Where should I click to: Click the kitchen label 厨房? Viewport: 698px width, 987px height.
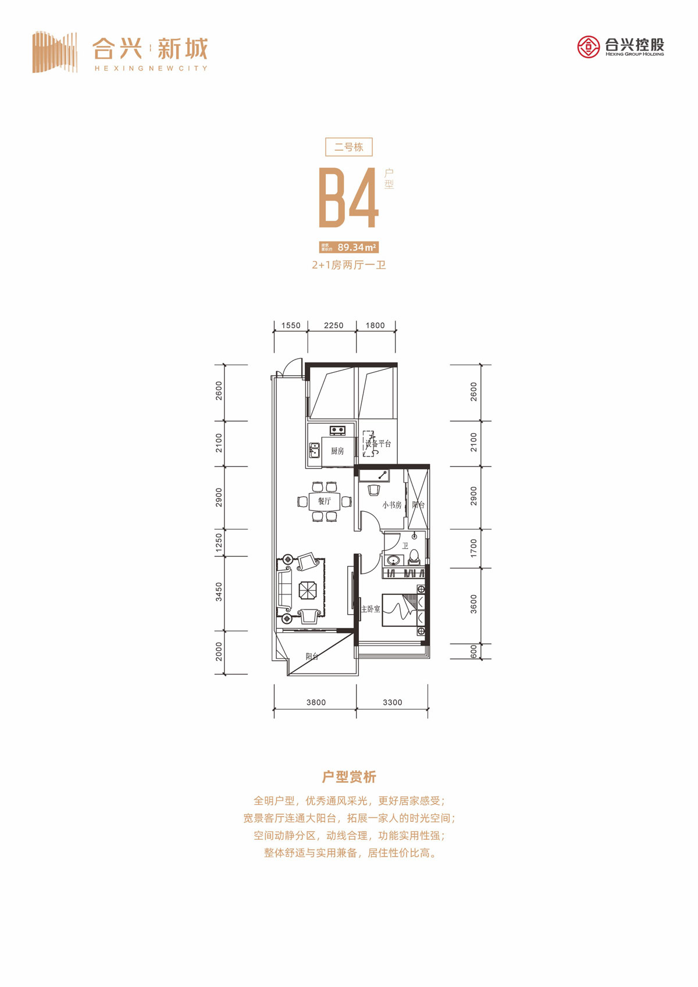[x=337, y=451]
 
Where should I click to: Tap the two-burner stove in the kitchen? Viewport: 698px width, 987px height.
[x=337, y=430]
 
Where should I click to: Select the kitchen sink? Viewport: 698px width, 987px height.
[x=314, y=450]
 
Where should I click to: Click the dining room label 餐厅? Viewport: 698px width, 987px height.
[x=324, y=501]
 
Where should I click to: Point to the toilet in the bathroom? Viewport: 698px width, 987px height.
[x=414, y=558]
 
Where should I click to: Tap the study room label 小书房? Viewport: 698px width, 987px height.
[x=391, y=505]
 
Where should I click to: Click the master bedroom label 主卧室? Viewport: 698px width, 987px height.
[x=370, y=609]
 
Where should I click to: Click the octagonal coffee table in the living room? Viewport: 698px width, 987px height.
[x=307, y=590]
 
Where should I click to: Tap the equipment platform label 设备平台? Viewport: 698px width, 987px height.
[x=378, y=444]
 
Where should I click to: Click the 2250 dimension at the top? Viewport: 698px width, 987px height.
[x=333, y=325]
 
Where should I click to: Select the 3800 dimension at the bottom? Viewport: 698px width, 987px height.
[x=316, y=702]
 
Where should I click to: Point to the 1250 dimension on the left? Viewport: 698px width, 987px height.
[x=219, y=542]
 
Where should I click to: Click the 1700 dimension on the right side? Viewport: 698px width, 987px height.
[x=473, y=548]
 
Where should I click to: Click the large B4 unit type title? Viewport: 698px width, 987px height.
[x=348, y=198]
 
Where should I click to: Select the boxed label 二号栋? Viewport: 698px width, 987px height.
[x=348, y=147]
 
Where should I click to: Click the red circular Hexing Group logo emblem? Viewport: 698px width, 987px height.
[x=588, y=47]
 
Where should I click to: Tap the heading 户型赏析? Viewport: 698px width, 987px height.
[x=348, y=776]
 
